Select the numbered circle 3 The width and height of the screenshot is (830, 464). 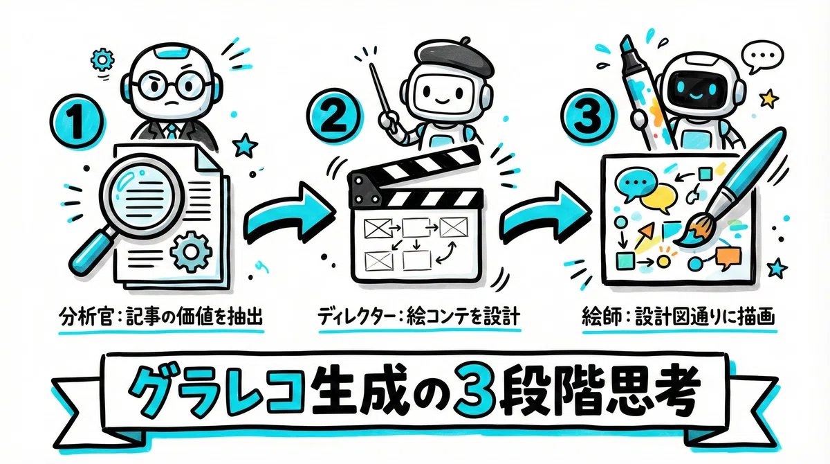point(589,116)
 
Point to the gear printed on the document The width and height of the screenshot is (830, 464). point(191,252)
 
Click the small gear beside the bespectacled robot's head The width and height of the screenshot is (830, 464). point(102,59)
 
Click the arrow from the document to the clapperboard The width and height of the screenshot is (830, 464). point(289,215)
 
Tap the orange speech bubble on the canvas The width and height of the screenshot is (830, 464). point(728,258)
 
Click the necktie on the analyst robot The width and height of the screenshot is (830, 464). point(172,132)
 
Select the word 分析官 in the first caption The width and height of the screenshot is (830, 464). point(85,318)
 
